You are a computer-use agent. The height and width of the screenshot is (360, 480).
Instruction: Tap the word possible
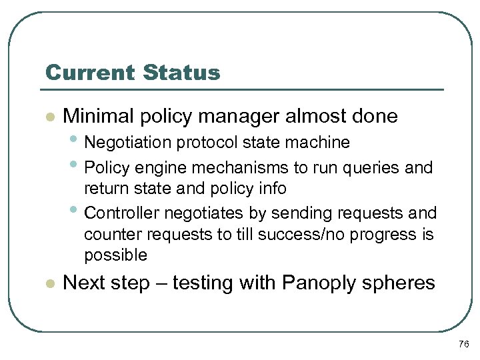tap(115, 256)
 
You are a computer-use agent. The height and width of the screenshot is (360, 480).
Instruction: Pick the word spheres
tap(403, 283)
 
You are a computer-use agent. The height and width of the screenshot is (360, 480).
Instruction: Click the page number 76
tap(464, 344)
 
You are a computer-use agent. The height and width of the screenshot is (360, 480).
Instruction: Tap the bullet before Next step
tap(49, 283)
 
